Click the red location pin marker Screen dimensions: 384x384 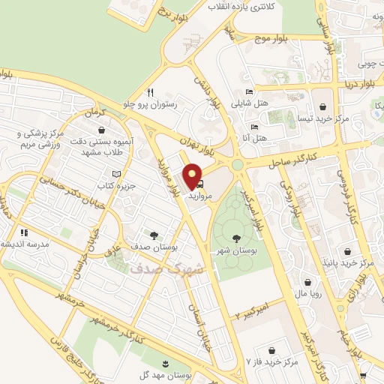(193, 175)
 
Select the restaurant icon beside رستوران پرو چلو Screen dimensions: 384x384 (151, 92)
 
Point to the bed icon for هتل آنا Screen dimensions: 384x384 (255, 127)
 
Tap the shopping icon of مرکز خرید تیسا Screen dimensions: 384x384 (322, 106)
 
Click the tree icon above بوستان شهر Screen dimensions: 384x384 (237, 238)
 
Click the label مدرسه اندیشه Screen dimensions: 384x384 (24, 244)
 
